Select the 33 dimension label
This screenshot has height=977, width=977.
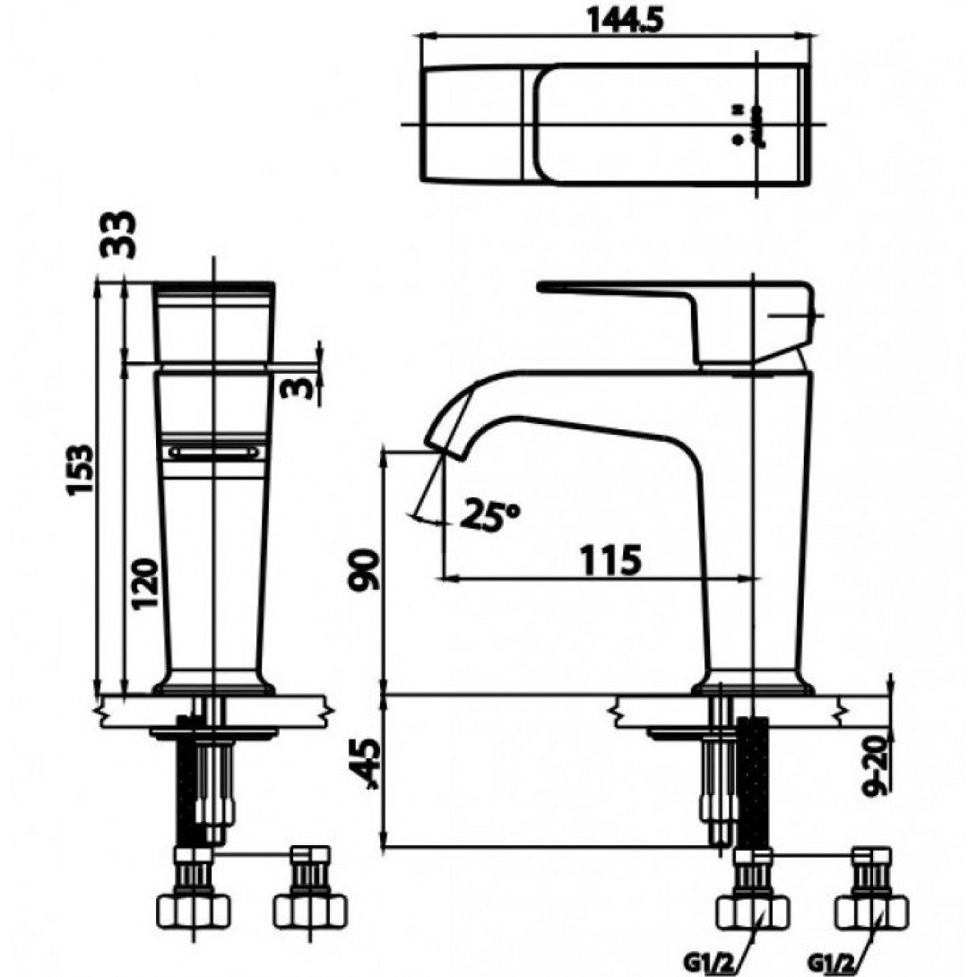117,234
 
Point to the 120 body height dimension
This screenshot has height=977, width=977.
144,584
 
